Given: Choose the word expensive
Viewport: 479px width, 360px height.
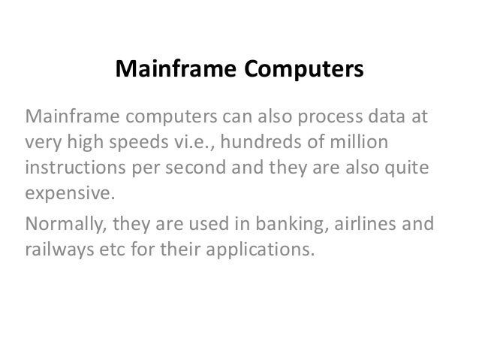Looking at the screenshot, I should coord(72,189).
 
